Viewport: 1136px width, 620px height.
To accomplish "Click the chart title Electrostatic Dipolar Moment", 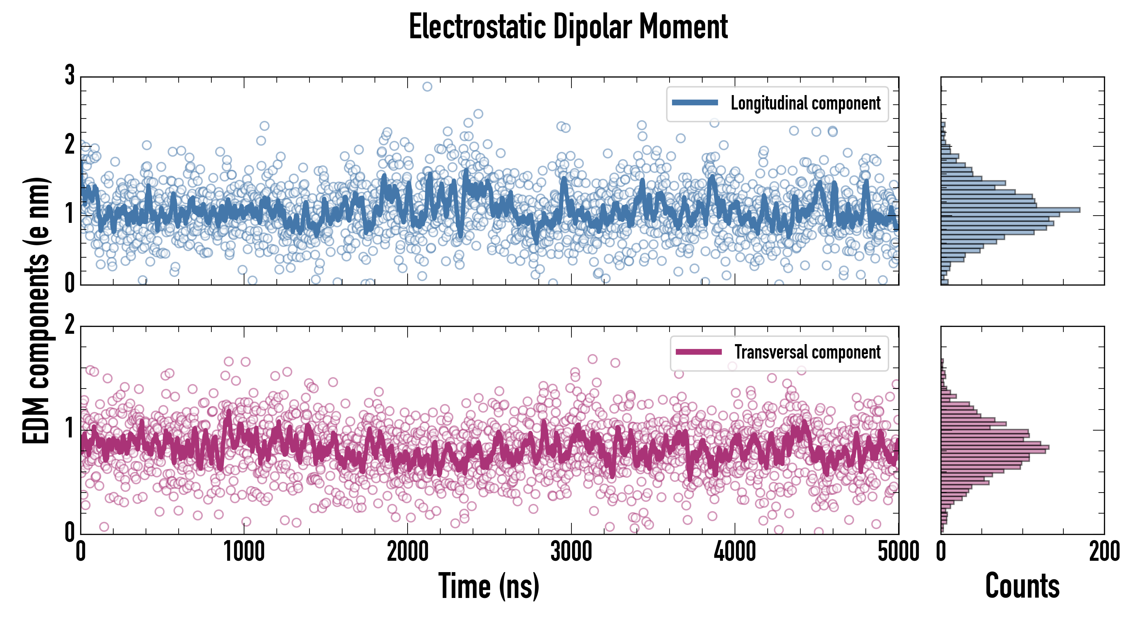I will click(568, 27).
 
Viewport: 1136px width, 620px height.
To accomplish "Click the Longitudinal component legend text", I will click(805, 103).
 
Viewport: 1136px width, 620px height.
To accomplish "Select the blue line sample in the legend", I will click(695, 103).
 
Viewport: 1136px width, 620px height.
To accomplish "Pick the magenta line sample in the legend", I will click(698, 352).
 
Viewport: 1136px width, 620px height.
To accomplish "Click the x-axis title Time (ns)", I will click(488, 586).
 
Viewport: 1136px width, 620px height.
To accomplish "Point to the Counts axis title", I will click(1022, 586).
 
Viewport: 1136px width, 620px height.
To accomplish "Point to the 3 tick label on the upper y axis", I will click(70, 75).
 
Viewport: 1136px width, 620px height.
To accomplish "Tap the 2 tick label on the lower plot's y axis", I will click(70, 325).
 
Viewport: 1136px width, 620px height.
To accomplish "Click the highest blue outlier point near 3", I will click(427, 86).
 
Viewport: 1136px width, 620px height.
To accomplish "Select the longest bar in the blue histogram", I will click(1010, 210).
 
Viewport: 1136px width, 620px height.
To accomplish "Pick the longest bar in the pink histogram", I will click(995, 447).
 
